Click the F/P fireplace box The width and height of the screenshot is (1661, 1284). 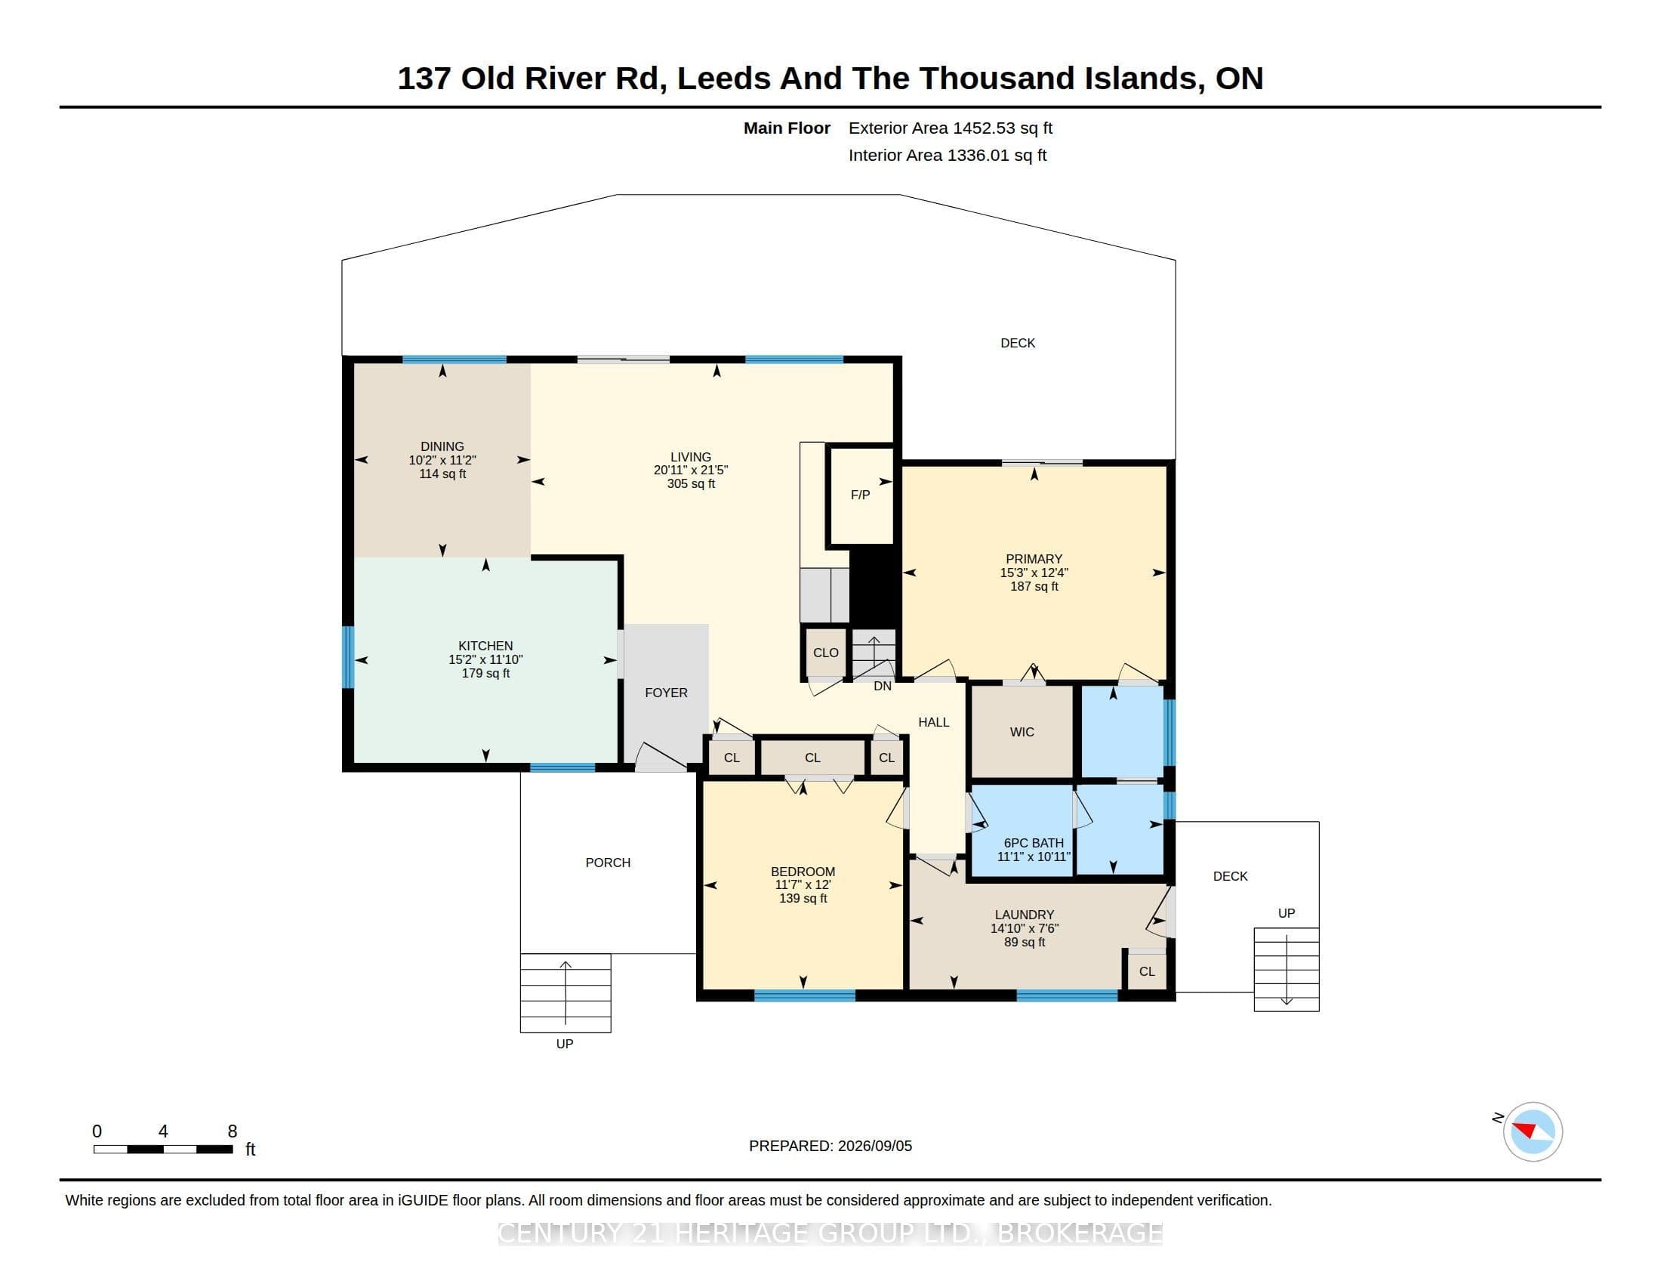[x=861, y=495]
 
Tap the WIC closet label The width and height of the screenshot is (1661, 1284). [x=1022, y=732]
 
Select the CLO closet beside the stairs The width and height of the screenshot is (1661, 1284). [x=825, y=652]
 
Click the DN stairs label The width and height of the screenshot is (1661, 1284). [x=882, y=686]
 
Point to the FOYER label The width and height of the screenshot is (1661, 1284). [x=666, y=693]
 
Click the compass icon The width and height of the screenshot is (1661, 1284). [x=1533, y=1131]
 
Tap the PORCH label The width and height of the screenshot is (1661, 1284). [x=608, y=863]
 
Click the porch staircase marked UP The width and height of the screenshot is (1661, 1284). [x=565, y=992]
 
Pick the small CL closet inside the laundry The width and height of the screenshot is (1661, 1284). [x=1147, y=971]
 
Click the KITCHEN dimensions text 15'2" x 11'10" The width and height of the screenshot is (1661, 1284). [x=485, y=659]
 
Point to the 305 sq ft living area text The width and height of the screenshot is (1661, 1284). [x=691, y=484]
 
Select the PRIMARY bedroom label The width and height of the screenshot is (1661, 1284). [x=1034, y=559]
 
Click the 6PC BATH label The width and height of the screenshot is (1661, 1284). [x=1034, y=843]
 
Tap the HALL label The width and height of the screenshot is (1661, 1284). [x=933, y=723]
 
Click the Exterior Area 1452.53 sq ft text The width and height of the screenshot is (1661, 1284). [x=951, y=128]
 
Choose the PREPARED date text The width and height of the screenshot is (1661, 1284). [x=830, y=1146]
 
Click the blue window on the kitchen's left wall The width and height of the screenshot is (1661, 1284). [x=348, y=657]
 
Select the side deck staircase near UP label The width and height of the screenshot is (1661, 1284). [x=1286, y=970]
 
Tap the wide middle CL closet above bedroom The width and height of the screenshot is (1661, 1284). [x=813, y=758]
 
